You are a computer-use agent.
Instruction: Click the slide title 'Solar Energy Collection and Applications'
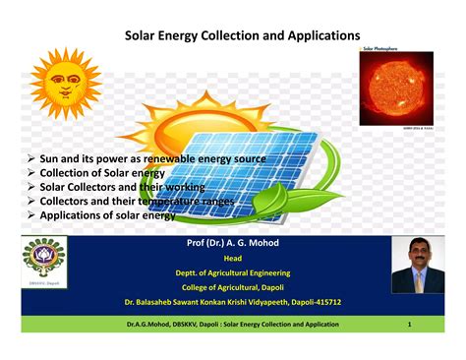tap(241, 36)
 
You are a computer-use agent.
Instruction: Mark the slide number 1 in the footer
tap(409, 323)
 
